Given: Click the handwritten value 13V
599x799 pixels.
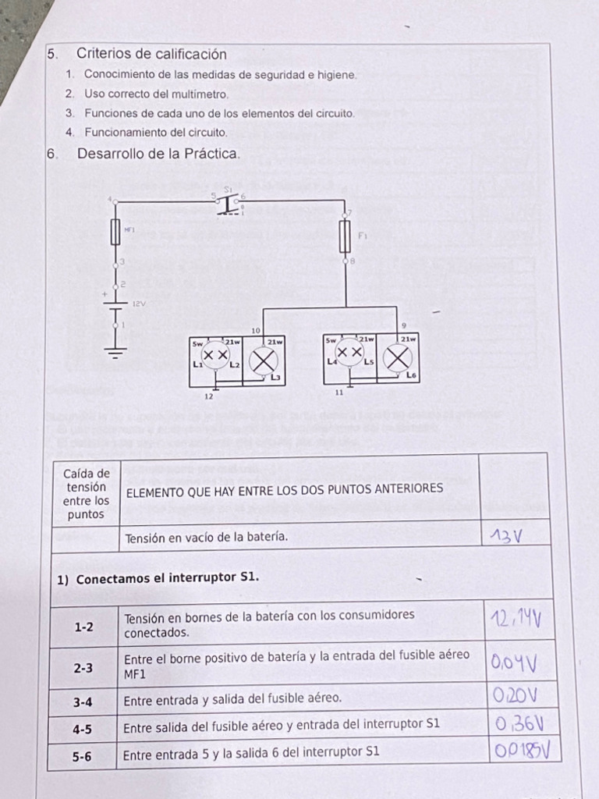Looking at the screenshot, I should [506, 536].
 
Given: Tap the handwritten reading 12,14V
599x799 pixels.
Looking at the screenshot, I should [516, 620].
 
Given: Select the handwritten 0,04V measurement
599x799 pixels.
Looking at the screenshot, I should [514, 664].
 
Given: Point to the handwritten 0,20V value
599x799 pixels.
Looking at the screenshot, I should [515, 696].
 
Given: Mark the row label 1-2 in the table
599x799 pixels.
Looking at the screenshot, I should [83, 627].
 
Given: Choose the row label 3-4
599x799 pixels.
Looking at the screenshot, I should [83, 701].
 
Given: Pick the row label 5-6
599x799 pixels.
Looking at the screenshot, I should [83, 755].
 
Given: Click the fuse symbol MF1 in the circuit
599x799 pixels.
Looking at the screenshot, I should [115, 233].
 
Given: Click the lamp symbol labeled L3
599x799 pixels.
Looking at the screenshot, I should [263, 361].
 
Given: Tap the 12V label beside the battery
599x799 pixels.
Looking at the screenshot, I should [138, 303].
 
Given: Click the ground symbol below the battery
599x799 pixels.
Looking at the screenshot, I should [116, 353].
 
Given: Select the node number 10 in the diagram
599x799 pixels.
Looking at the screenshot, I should [255, 331].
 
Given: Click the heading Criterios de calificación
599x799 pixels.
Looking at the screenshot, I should [151, 54].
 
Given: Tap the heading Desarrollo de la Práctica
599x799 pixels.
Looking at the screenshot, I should [158, 154].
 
